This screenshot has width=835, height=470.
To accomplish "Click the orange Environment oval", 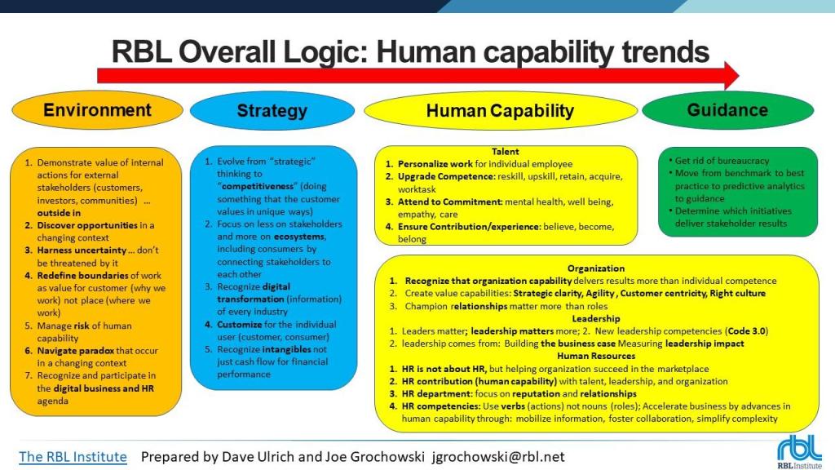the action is (98, 110).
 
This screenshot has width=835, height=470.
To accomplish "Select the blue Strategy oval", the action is (272, 111).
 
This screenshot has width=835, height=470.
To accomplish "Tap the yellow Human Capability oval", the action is (501, 111).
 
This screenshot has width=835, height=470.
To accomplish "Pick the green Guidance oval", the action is (728, 110).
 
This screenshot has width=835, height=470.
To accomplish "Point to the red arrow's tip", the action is (739, 76).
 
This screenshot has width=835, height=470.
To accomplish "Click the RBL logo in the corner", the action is (799, 453).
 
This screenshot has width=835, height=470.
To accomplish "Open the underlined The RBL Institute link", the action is (73, 457).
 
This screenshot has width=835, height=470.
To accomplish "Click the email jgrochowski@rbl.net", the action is (498, 457).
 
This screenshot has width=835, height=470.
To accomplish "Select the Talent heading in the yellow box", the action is (505, 151).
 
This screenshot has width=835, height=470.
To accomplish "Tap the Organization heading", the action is (596, 268).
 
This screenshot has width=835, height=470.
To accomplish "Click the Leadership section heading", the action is (596, 319).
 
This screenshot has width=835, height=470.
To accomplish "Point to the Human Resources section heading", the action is (596, 356).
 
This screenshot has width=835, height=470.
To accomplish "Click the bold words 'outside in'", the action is (59, 213).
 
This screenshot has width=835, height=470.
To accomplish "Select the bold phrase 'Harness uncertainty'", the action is (82, 250).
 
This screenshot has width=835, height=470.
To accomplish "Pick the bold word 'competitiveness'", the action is (257, 186).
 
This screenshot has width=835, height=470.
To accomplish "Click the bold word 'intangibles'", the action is (286, 349).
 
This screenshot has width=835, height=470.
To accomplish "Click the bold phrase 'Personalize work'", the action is (435, 164).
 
